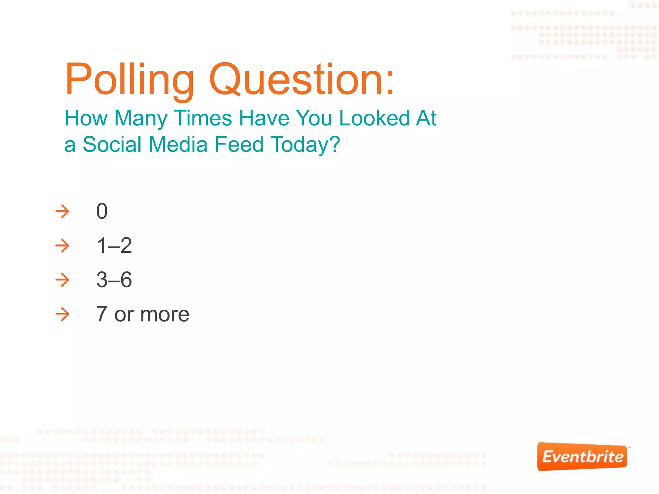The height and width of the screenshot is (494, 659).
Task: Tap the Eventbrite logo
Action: (582, 457)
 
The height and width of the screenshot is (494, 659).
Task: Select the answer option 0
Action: (102, 212)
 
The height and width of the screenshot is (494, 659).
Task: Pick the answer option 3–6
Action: (114, 280)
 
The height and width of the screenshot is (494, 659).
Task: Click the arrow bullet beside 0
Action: (62, 212)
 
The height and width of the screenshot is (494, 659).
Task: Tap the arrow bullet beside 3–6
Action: (62, 280)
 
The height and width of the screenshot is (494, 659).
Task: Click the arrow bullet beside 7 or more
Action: (62, 314)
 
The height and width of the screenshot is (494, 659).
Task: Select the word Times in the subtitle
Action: (203, 118)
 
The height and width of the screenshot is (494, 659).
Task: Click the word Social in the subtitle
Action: (112, 144)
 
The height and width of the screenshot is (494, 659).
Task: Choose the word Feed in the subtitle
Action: (239, 144)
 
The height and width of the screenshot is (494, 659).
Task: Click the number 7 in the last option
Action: (102, 314)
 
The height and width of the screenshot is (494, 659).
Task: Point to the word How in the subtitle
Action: (86, 118)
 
